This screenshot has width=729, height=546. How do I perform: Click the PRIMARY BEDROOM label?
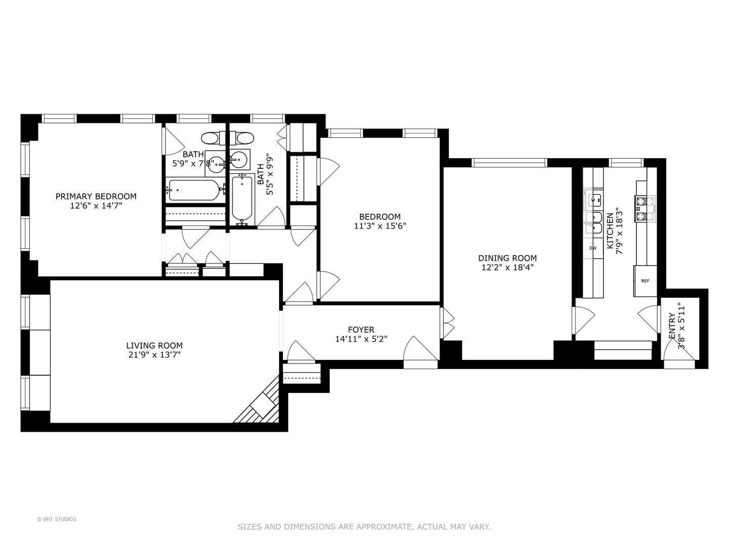click(x=96, y=196)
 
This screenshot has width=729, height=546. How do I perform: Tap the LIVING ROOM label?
click(x=154, y=345)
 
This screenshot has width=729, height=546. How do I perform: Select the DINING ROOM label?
click(x=507, y=258)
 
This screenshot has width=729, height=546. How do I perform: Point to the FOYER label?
click(x=361, y=330)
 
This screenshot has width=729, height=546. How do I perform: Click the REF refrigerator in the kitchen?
click(x=645, y=281)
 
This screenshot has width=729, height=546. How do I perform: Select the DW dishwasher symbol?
click(x=593, y=248)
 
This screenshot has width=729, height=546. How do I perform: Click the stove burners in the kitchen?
click(x=645, y=209)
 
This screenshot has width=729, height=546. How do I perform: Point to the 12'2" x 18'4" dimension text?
click(x=507, y=267)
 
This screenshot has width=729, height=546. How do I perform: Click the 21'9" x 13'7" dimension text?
click(x=154, y=355)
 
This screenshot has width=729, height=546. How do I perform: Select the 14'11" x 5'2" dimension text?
click(x=361, y=339)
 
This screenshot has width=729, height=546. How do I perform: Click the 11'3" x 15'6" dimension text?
click(x=380, y=226)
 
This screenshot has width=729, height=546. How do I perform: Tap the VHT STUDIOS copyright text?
click(x=57, y=519)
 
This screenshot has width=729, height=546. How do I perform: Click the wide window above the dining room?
click(x=509, y=162)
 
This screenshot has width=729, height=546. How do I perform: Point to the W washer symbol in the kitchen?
click(x=593, y=200)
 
